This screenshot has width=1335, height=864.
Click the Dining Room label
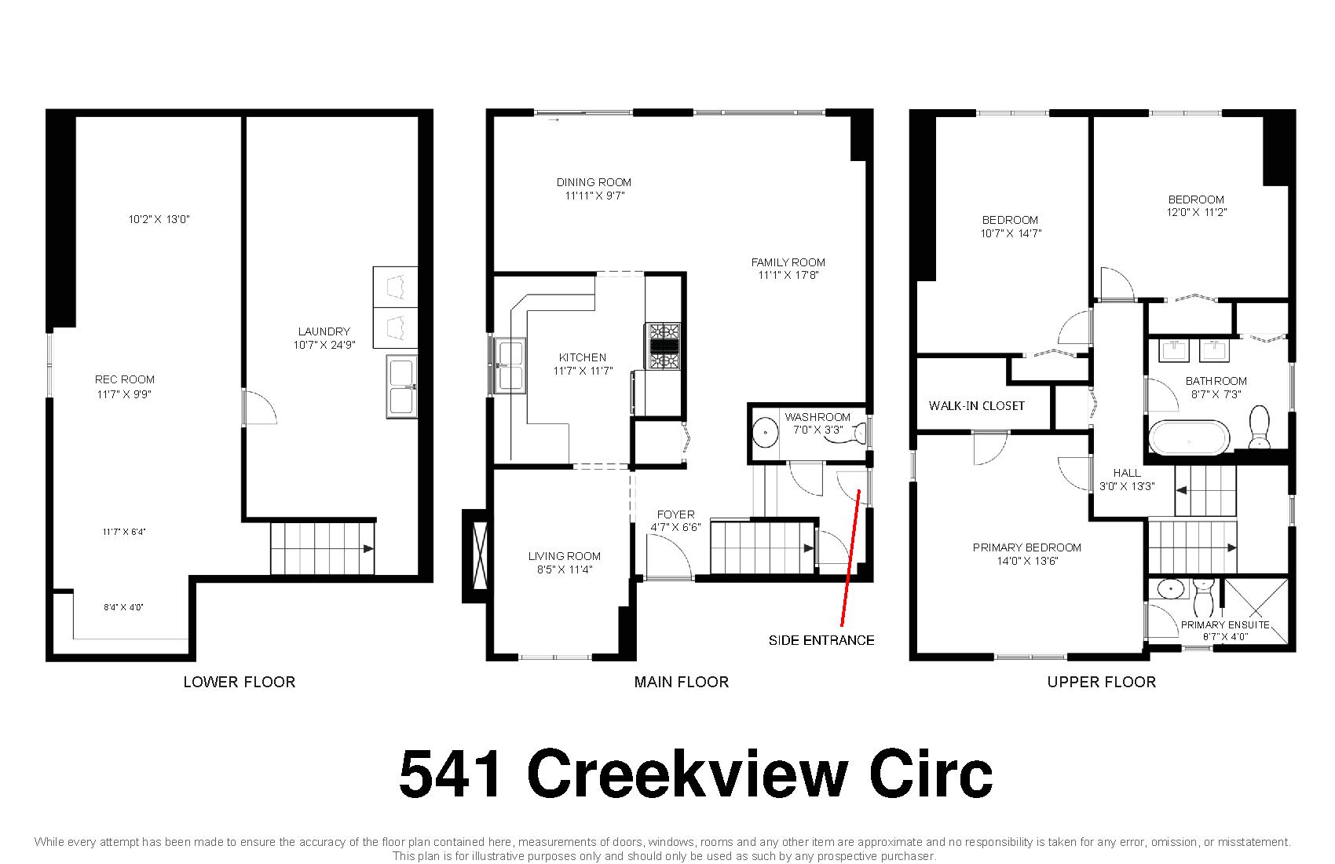coord(594,182)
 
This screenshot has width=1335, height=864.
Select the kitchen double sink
coord(510,365)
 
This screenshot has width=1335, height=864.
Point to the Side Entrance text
coord(821,640)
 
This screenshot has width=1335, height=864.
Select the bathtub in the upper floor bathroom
coord(1189,438)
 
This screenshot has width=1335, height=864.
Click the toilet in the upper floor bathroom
coord(1260,427)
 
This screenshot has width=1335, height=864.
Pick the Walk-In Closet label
coord(976,406)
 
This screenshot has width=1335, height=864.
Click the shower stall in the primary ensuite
coord(1256,610)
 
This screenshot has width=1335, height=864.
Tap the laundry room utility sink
coord(401,386)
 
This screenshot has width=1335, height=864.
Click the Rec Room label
coord(125,380)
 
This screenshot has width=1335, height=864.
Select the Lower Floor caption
coord(239,682)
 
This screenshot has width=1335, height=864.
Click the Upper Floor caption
coord(1101,682)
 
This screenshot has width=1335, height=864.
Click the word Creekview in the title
coord(687,774)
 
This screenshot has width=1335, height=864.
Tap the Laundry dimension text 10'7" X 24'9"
coord(324,345)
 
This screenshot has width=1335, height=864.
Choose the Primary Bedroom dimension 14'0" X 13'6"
coord(1027,561)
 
